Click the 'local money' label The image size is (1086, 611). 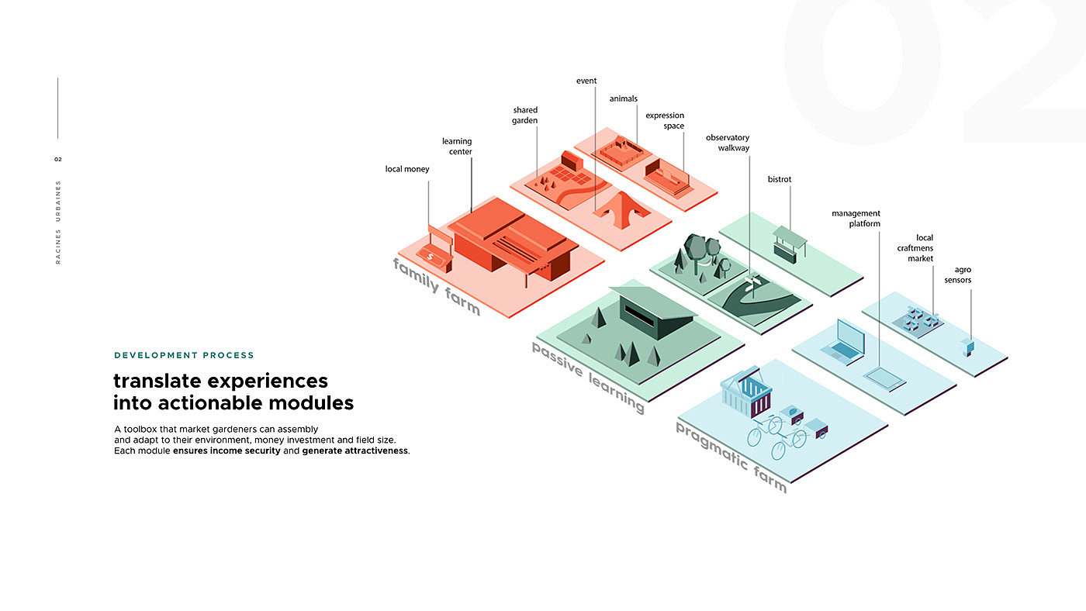(x=406, y=169)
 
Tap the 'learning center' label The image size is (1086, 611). (x=457, y=147)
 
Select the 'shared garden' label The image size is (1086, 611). (x=524, y=116)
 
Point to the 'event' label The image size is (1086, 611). (x=586, y=81)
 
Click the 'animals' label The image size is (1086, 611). (x=623, y=98)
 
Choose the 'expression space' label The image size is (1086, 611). (x=665, y=121)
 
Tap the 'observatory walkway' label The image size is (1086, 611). (x=728, y=143)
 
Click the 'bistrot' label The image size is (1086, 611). (x=779, y=179)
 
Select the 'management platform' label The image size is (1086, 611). (x=856, y=219)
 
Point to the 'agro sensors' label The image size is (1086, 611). (x=957, y=274)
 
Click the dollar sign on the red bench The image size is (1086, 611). (x=431, y=257)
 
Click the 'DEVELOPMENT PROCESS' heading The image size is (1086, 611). (x=184, y=355)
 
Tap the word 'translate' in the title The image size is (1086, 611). (x=157, y=381)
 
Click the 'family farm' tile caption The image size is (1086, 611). (x=436, y=287)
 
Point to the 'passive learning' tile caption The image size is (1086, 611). (x=587, y=377)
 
